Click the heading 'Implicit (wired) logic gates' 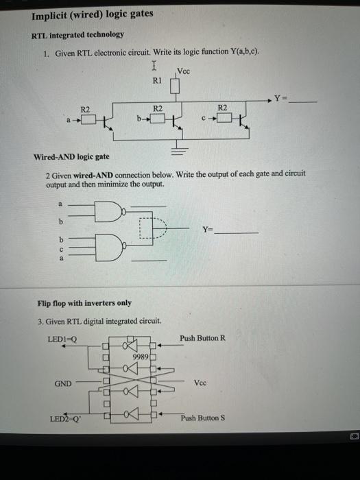[93, 14]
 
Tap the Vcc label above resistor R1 [184, 71]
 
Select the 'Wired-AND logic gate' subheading [71, 158]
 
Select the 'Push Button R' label [202, 338]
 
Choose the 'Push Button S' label [202, 418]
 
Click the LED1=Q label [62, 338]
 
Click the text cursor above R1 [155, 67]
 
